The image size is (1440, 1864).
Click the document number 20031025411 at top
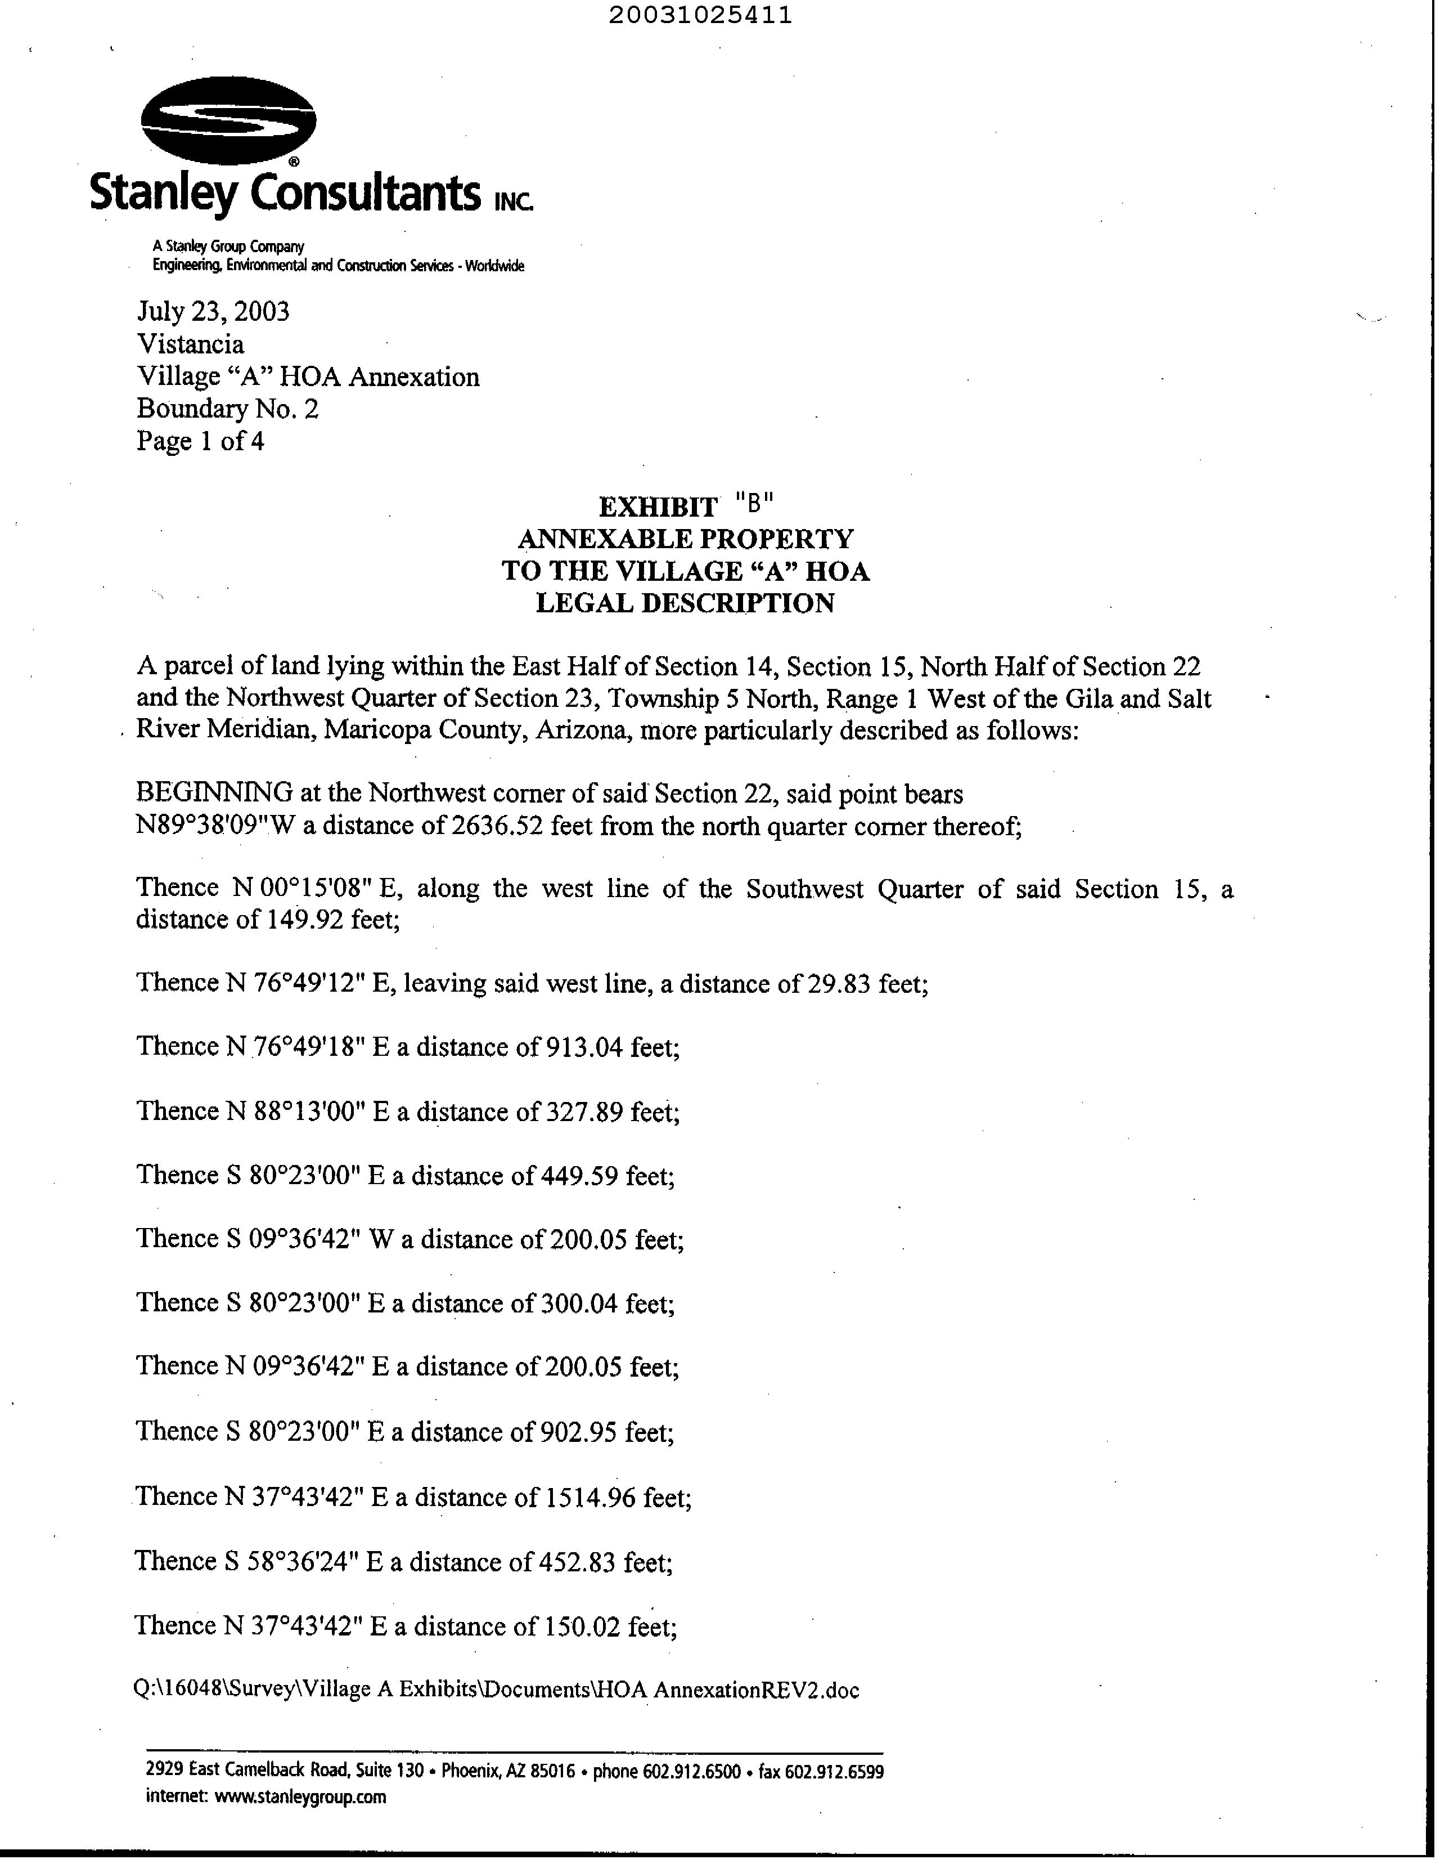tap(700, 15)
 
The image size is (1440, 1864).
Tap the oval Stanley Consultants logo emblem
tap(228, 121)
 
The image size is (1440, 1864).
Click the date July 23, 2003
tap(213, 312)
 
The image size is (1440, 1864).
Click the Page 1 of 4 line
tap(200, 441)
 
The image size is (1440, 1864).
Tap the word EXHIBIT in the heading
tap(658, 507)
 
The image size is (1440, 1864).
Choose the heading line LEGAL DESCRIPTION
tap(685, 603)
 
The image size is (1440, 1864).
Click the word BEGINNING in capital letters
tap(214, 794)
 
